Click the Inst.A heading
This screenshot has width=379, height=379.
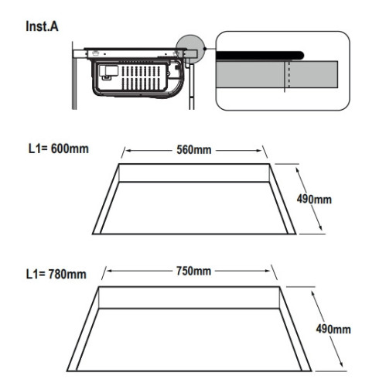coord(42,26)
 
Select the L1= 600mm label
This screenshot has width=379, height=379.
coord(59,149)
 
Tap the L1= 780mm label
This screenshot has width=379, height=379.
coord(56,274)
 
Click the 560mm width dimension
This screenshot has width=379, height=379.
coord(194,150)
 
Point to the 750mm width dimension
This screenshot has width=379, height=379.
coord(193,271)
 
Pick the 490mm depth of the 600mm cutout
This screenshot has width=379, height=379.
coord(314,200)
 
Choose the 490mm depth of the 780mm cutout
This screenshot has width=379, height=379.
coord(333,329)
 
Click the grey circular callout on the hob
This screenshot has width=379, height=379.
coord(190,50)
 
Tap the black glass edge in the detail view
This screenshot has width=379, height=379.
coord(260,56)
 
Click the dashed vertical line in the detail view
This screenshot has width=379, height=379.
coord(289,74)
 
